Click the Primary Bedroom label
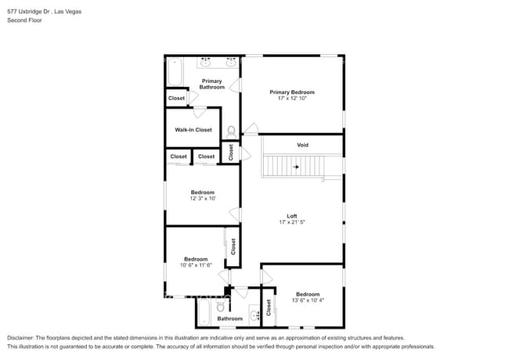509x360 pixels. (291, 92)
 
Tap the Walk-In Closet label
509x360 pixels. (193, 130)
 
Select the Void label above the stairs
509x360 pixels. (302, 145)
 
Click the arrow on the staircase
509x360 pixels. (295, 167)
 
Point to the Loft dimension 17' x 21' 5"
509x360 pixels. (291, 223)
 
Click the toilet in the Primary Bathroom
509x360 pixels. (231, 131)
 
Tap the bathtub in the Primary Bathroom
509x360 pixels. (174, 72)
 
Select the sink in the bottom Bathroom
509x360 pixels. (254, 316)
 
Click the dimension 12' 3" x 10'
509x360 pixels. (202, 199)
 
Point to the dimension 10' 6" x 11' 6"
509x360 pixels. (196, 265)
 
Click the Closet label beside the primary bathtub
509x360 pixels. (176, 98)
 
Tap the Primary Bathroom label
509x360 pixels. (211, 84)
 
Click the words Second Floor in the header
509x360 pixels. (25, 20)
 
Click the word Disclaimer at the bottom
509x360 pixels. (23, 338)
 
